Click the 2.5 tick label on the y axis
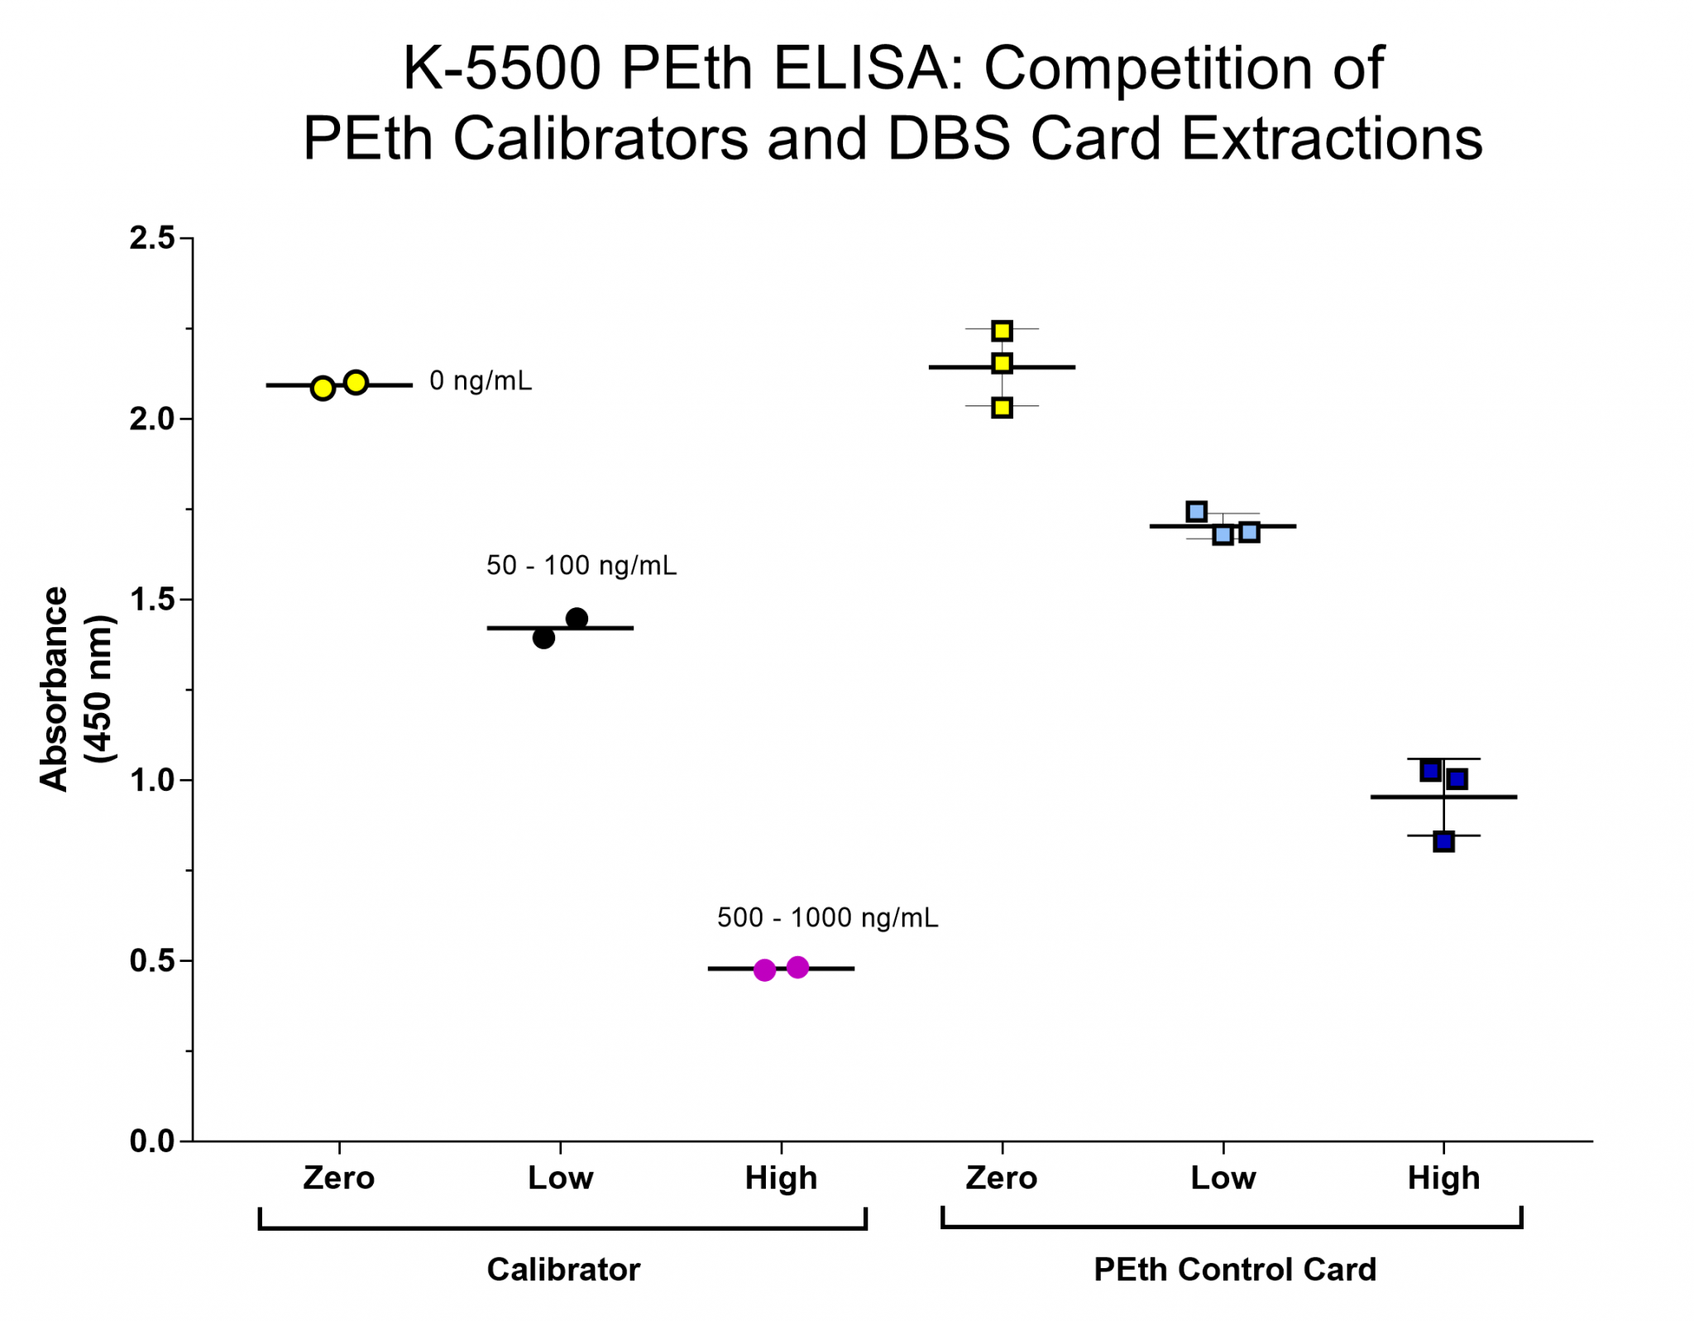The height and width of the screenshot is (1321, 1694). [153, 238]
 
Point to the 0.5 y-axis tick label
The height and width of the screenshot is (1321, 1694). [153, 960]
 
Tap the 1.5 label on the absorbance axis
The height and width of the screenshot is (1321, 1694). [153, 599]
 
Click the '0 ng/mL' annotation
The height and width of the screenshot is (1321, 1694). [481, 381]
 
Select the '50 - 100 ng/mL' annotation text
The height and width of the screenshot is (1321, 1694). [581, 566]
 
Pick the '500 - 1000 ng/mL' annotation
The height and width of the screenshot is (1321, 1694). [827, 918]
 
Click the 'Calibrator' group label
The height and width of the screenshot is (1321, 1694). [563, 1269]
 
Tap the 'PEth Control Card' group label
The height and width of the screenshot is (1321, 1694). [1235, 1269]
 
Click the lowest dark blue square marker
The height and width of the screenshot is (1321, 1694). [1443, 842]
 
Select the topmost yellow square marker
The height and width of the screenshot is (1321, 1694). [1002, 331]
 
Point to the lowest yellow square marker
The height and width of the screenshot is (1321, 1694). [1002, 408]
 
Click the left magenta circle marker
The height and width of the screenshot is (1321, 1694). [765, 969]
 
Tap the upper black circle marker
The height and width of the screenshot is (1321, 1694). [577, 618]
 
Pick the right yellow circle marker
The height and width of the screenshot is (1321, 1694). [356, 382]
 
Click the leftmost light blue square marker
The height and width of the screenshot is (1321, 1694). [1196, 511]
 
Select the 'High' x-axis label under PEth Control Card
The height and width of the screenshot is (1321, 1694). [1443, 1178]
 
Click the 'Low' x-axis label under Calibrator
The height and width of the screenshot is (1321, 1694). [560, 1178]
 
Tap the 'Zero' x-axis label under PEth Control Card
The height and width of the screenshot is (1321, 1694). [1001, 1178]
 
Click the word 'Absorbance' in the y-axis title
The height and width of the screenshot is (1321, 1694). [55, 689]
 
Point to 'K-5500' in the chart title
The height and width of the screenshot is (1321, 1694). [501, 68]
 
